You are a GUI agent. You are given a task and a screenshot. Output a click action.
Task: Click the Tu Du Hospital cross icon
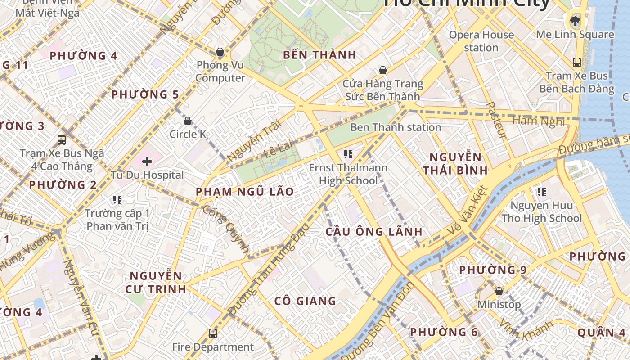pos(147,162)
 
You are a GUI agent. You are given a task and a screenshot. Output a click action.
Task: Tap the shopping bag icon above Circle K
pos(188,121)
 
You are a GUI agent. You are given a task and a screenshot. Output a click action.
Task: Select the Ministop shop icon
pos(499,291)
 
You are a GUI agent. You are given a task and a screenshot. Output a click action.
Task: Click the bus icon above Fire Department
pos(213,333)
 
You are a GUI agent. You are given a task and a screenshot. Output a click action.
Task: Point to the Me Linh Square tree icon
pos(575,20)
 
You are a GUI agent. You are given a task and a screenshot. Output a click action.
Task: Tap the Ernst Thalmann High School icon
pos(348,155)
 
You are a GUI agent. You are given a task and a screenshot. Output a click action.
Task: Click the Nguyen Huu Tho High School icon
pos(541,193)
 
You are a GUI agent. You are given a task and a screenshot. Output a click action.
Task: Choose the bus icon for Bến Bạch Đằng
pos(577,62)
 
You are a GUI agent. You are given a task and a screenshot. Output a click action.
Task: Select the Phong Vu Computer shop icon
pos(220,52)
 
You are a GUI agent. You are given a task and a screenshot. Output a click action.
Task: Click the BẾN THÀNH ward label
pos(319,55)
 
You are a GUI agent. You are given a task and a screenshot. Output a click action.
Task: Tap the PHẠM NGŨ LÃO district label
pos(245,192)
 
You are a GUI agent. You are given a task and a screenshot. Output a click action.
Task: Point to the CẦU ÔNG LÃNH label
pos(374,232)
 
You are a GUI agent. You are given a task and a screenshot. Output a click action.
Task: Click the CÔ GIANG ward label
pos(305,301)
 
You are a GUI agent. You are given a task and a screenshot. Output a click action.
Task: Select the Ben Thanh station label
pos(396,127)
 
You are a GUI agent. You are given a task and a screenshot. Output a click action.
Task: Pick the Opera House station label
pos(481,41)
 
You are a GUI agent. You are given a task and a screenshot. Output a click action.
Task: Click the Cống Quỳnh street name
pos(226,229)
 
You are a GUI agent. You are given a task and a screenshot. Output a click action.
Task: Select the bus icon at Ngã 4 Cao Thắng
pos(62,140)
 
